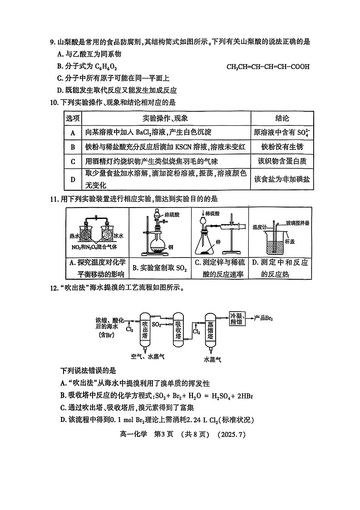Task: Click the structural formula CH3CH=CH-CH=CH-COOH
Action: tap(268, 67)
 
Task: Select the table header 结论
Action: tap(282, 119)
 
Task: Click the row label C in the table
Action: tap(73, 161)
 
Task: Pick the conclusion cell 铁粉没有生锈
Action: tap(282, 147)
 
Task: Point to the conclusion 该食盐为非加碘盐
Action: tap(282, 179)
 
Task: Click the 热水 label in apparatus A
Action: tap(74, 236)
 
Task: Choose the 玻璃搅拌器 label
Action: tap(297, 223)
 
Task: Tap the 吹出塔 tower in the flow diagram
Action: tap(144, 331)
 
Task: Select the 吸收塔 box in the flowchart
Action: tap(179, 331)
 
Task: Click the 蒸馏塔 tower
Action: tap(210, 331)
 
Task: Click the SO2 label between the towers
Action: tap(156, 325)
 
